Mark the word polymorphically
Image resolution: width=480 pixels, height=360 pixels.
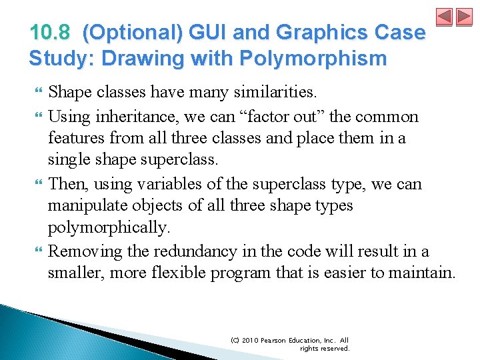(x=109, y=228)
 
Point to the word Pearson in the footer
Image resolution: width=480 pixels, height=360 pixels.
(x=274, y=340)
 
